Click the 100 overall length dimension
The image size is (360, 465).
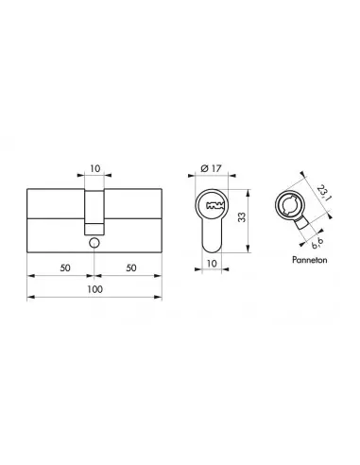click(x=94, y=289)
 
